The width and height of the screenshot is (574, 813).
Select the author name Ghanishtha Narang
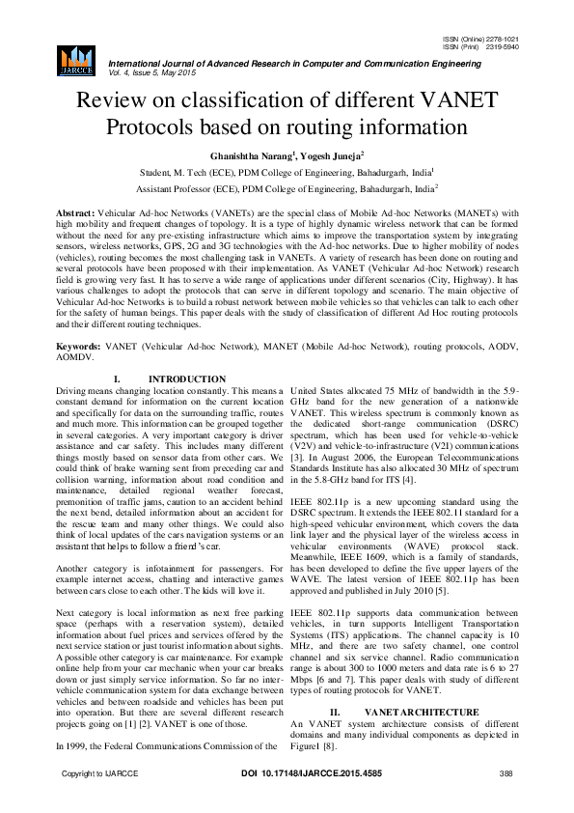pyautogui.click(x=249, y=154)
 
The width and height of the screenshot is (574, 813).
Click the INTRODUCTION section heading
pyautogui.click(x=170, y=378)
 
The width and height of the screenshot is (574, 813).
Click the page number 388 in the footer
pyautogui.click(x=504, y=801)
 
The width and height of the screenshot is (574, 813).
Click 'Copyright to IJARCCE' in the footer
pyautogui.click(x=100, y=801)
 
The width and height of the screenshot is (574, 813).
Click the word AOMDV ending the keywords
pyautogui.click(x=78, y=356)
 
